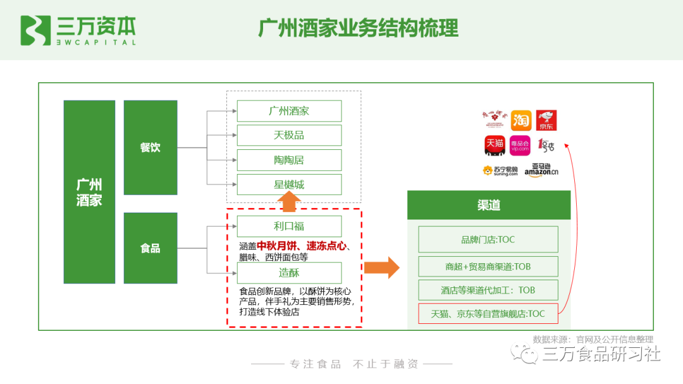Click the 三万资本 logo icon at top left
[35, 30]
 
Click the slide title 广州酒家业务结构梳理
[358, 28]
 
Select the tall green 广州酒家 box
[89, 192]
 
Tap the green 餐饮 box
[150, 147]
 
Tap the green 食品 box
[150, 248]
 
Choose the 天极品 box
[289, 135]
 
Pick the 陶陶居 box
[289, 160]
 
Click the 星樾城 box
[289, 185]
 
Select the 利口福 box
[289, 226]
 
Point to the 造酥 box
[289, 273]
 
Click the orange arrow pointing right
[381, 267]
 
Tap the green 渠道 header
[488, 205]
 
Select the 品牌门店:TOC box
[488, 240]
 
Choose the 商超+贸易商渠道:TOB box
[488, 266]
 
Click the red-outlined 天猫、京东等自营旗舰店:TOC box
[488, 313]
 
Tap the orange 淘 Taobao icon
[521, 120]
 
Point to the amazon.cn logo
[541, 170]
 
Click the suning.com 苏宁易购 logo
[500, 170]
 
